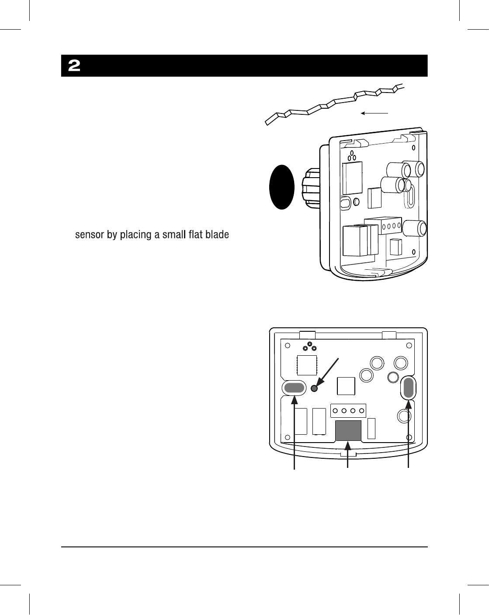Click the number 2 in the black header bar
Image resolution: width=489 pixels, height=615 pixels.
click(x=74, y=66)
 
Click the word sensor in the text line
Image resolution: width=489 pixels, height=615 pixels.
click(x=88, y=235)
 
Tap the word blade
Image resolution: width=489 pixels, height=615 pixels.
click(x=217, y=235)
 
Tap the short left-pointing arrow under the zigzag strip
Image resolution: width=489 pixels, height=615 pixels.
click(x=375, y=113)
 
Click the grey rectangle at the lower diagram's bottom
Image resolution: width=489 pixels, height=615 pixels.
click(x=348, y=431)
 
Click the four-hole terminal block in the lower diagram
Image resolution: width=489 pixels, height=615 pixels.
click(x=348, y=411)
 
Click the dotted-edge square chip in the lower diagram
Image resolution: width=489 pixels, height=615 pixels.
click(x=307, y=364)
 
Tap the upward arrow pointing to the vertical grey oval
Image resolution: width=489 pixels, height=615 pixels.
click(x=409, y=436)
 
